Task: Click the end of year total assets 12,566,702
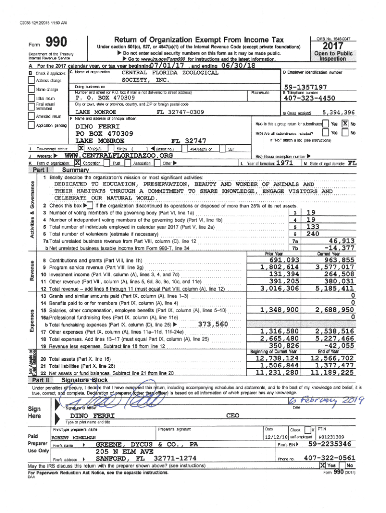tap(332, 358)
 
